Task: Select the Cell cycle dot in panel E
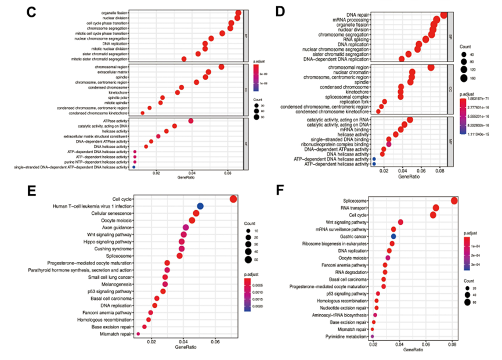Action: tap(233, 199)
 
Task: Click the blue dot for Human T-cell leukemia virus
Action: tap(200, 206)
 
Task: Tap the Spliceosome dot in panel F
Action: tap(454, 201)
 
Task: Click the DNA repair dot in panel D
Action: tap(444, 15)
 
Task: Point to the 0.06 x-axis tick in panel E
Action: tap(215, 342)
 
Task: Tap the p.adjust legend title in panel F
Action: tap(472, 233)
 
